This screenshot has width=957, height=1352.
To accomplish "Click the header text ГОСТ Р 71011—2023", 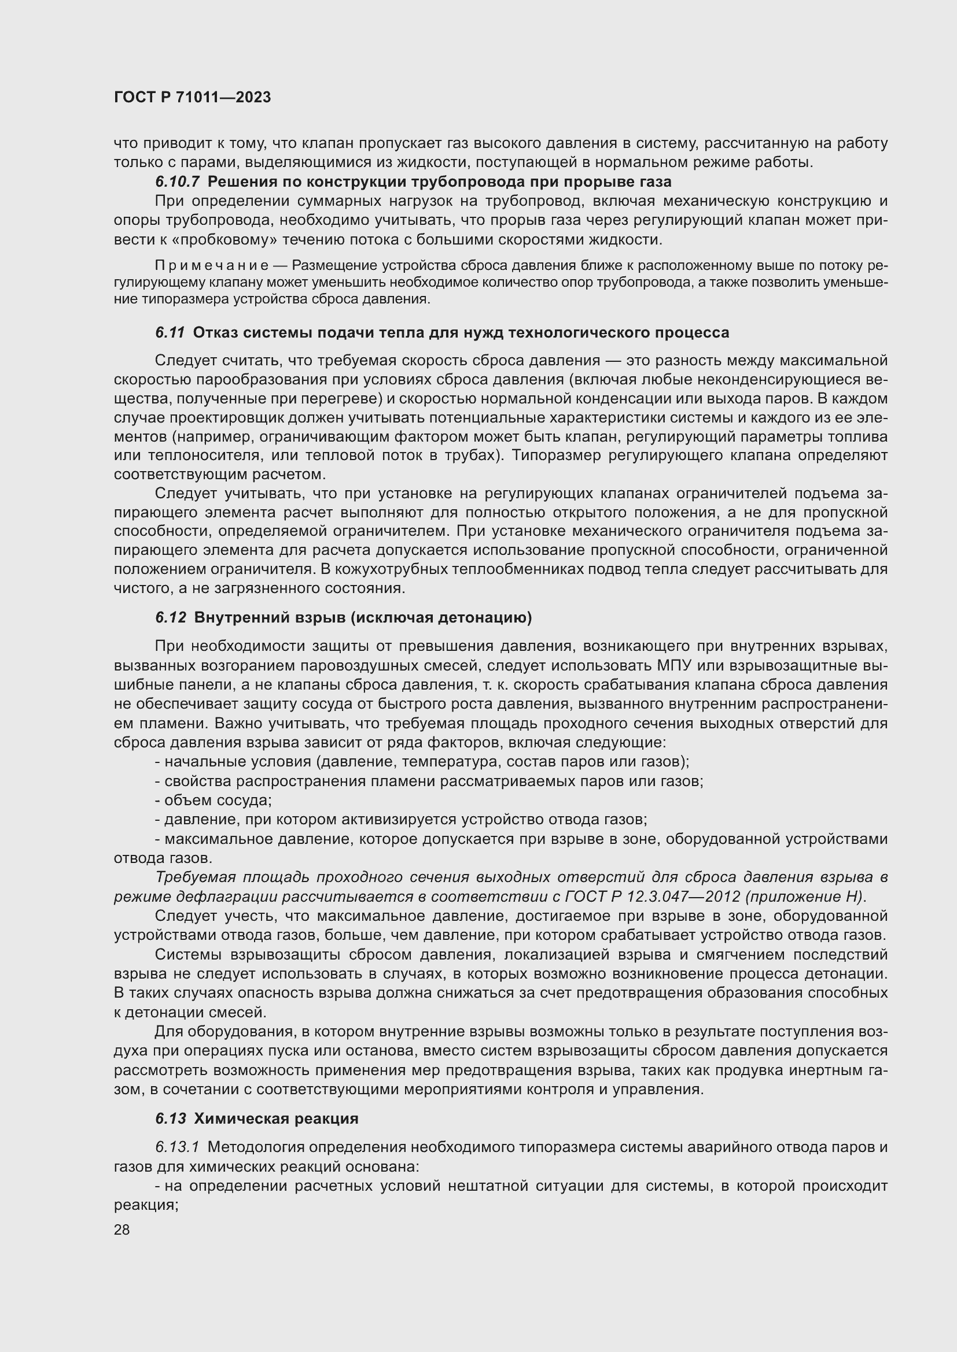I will coord(192,97).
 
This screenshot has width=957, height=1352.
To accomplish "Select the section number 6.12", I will coord(171,618).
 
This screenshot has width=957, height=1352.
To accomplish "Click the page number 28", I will coord(122,1229).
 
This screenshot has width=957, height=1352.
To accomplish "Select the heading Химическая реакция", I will coord(276,1118).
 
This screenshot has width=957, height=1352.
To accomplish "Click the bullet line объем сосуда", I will coord(218,800).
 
